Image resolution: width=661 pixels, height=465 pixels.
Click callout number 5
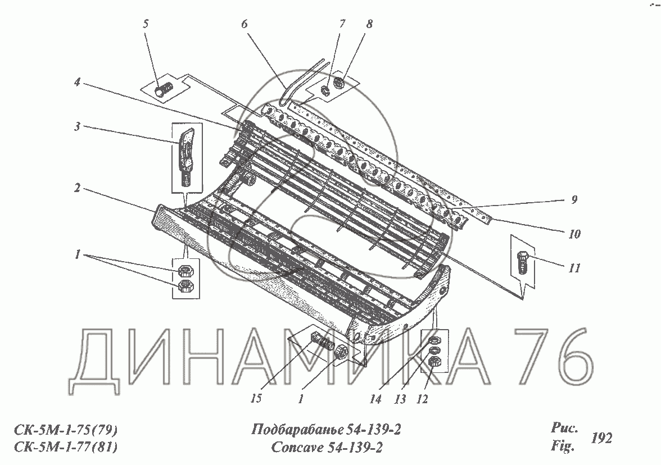(x=146, y=25)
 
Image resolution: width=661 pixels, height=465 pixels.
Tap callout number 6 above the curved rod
(x=244, y=24)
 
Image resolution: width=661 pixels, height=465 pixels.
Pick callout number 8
(x=369, y=24)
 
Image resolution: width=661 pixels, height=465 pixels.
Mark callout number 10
(x=573, y=233)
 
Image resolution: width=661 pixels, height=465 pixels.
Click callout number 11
(x=573, y=268)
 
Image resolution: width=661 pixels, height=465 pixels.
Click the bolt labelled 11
(x=522, y=263)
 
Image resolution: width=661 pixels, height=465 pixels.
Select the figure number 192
(x=601, y=438)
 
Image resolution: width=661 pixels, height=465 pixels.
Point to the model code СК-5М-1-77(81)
(x=65, y=448)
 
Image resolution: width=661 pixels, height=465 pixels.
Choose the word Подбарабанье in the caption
(x=294, y=431)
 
